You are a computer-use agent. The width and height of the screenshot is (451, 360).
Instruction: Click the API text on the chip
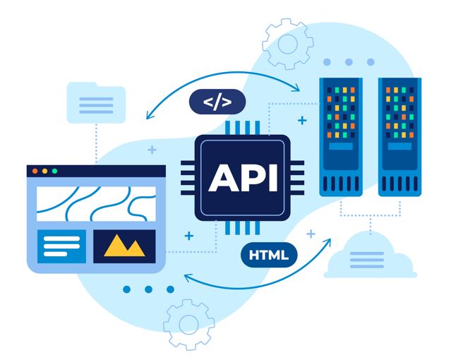(243, 177)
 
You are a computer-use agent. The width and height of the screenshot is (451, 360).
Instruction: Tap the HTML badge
(268, 255)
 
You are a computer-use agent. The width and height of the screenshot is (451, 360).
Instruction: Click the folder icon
(95, 103)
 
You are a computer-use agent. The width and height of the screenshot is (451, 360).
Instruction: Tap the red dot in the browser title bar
(34, 171)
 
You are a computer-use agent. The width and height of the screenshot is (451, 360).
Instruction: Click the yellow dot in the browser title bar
(44, 171)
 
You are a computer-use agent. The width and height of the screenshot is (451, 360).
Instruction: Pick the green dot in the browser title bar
(54, 171)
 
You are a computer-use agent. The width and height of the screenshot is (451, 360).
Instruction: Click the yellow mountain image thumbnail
(124, 244)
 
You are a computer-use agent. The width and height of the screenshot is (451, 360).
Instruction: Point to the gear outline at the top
(287, 43)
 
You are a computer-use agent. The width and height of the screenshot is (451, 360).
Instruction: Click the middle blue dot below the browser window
(148, 289)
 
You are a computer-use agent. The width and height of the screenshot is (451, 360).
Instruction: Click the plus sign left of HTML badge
(188, 235)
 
